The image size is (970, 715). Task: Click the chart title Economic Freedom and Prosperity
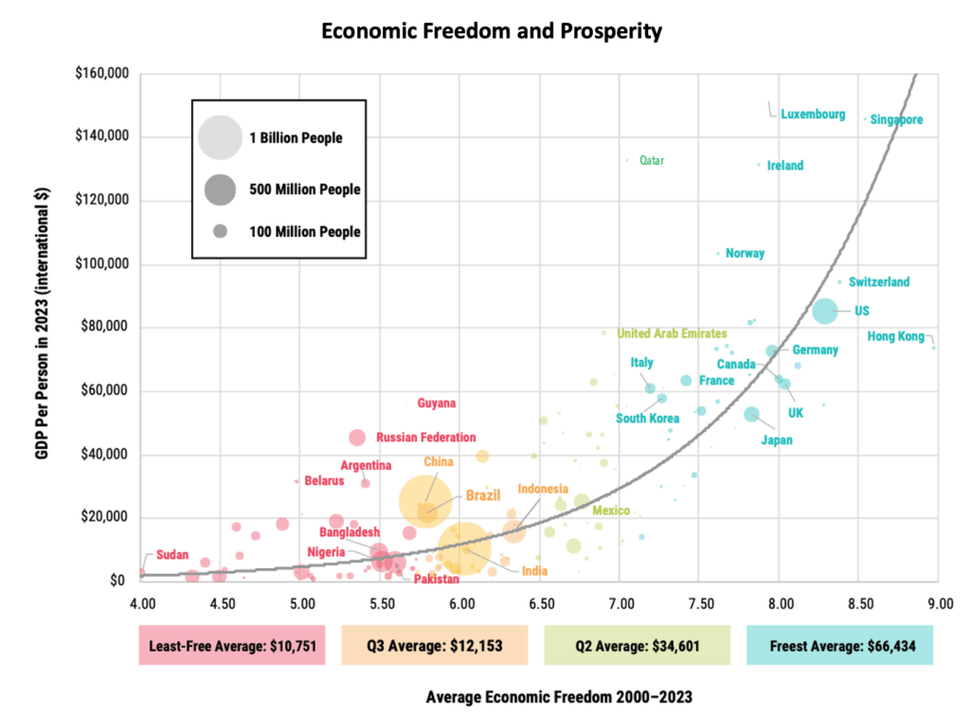[491, 30]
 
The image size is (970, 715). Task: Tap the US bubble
[824, 310]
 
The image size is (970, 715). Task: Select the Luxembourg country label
[813, 115]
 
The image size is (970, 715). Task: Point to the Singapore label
[896, 120]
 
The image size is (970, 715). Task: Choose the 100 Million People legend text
[304, 231]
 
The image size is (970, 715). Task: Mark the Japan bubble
[752, 414]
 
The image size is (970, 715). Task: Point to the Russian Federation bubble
[357, 438]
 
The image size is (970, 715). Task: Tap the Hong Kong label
[895, 336]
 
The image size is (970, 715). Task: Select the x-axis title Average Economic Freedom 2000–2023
[559, 697]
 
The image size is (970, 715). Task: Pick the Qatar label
[652, 161]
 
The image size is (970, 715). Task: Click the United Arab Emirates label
[672, 333]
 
